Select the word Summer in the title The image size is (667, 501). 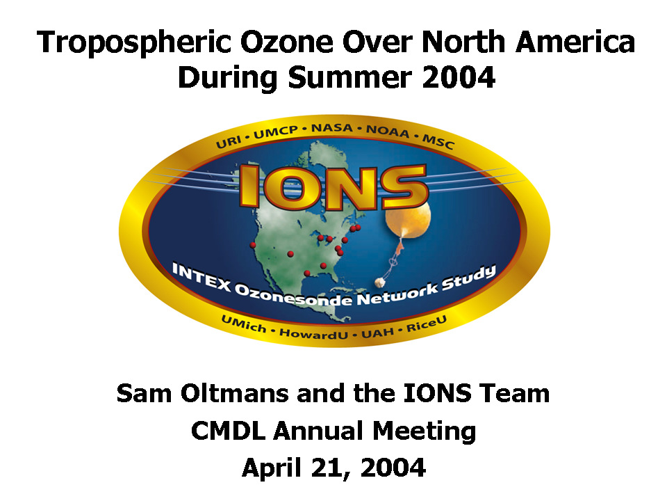coord(349,77)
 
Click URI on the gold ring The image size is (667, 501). coord(229,142)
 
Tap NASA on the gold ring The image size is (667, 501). coord(332,128)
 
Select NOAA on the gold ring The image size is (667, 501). coord(388,132)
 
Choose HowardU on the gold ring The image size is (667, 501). coord(313,333)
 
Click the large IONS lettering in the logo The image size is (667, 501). coord(333,186)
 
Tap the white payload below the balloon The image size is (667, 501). coord(380,282)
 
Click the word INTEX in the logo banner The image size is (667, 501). coord(201,278)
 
